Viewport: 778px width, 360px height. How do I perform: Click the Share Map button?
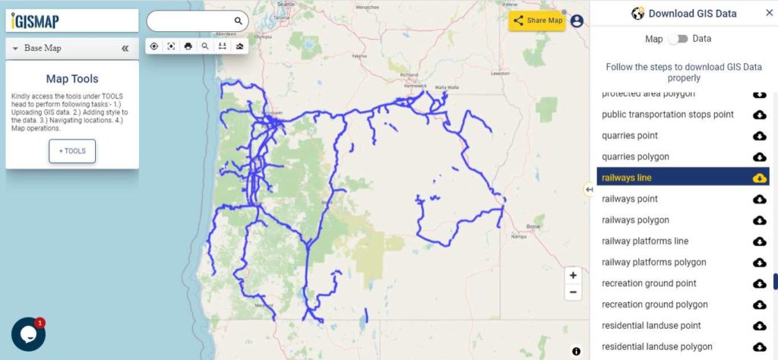tap(537, 21)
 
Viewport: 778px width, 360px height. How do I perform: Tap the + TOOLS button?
tap(72, 151)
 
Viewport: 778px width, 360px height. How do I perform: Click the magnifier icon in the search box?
tap(238, 21)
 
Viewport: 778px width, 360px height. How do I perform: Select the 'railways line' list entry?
tap(627, 178)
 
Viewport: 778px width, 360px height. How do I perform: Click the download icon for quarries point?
tap(759, 136)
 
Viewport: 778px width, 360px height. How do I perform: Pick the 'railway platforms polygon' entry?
tap(653, 262)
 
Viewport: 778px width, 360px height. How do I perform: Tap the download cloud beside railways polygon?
tap(759, 220)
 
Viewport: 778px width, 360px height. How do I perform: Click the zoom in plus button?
tap(574, 276)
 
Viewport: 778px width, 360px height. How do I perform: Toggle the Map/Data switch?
tap(677, 39)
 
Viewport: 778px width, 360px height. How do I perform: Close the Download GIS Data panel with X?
tap(769, 13)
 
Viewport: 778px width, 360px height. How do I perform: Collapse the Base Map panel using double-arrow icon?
tap(125, 49)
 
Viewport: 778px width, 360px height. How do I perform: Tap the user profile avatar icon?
tap(577, 21)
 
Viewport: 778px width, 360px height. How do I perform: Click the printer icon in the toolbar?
tap(188, 46)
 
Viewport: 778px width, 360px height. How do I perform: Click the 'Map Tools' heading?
tap(72, 79)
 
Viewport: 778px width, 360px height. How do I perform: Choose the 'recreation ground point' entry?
tap(649, 283)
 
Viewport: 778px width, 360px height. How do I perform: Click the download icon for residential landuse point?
tap(759, 326)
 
